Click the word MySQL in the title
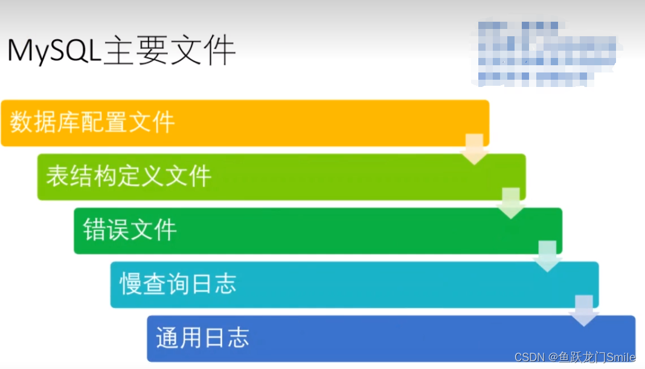point(53,52)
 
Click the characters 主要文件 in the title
point(169,52)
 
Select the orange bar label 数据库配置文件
point(92,123)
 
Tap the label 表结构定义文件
point(129,176)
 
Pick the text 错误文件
point(130,230)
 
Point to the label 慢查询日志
point(178,284)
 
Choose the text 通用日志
point(202,338)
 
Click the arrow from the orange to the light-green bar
point(475,149)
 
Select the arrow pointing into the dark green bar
point(511,203)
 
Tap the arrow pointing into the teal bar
point(548,256)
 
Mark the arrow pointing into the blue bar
point(584,310)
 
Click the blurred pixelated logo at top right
point(544,53)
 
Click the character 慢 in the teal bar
point(131,284)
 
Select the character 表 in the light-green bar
point(57,176)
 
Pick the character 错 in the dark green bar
point(95,230)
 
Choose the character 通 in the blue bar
point(167,338)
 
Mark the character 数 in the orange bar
point(21,123)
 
